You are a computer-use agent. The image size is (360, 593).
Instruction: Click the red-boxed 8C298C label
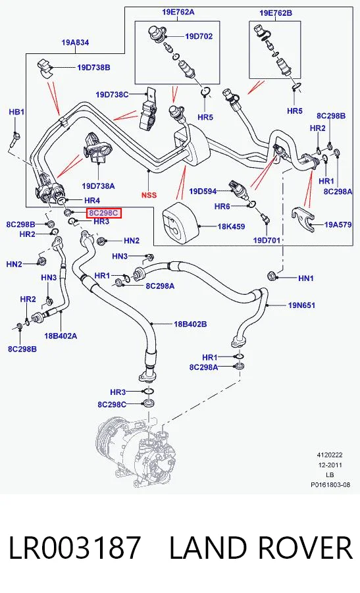[x=103, y=213]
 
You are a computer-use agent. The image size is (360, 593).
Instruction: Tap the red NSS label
[x=149, y=195]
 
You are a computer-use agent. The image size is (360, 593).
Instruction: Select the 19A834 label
[x=75, y=43]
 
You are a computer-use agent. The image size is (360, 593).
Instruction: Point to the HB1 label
[x=16, y=112]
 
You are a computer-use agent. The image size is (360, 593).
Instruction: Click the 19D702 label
[x=199, y=36]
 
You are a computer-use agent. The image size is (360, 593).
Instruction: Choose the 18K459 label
[x=231, y=226]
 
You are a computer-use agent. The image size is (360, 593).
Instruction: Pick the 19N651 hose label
[x=301, y=305]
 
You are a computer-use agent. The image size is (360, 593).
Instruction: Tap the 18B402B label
[x=190, y=324]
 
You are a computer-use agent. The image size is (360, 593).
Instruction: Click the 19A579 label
[x=338, y=224]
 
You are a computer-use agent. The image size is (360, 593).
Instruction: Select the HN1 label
[x=306, y=278]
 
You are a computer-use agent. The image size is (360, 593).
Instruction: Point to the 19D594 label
[x=203, y=192]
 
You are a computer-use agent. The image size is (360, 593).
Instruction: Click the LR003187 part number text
[x=75, y=548]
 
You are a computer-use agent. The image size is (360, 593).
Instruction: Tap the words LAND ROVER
[x=261, y=548]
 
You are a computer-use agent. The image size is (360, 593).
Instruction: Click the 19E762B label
[x=276, y=13]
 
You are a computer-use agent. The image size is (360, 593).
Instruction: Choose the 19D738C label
[x=112, y=95]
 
